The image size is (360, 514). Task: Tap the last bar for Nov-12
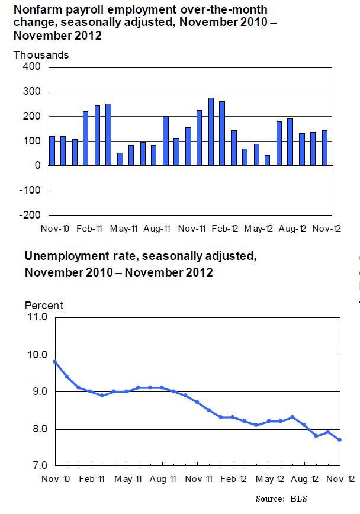(324, 148)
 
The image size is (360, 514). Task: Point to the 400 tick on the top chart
(30, 66)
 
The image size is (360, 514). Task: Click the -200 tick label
(29, 215)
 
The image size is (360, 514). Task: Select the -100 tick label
(29, 190)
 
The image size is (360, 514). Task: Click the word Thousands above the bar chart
(41, 55)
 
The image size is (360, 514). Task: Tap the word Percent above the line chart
(44, 306)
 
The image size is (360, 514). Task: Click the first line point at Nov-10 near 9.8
(54, 361)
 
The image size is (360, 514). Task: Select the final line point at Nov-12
(340, 439)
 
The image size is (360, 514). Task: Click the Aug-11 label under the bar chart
(157, 228)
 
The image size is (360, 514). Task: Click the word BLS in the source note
(298, 499)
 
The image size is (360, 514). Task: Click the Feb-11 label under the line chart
(93, 478)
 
